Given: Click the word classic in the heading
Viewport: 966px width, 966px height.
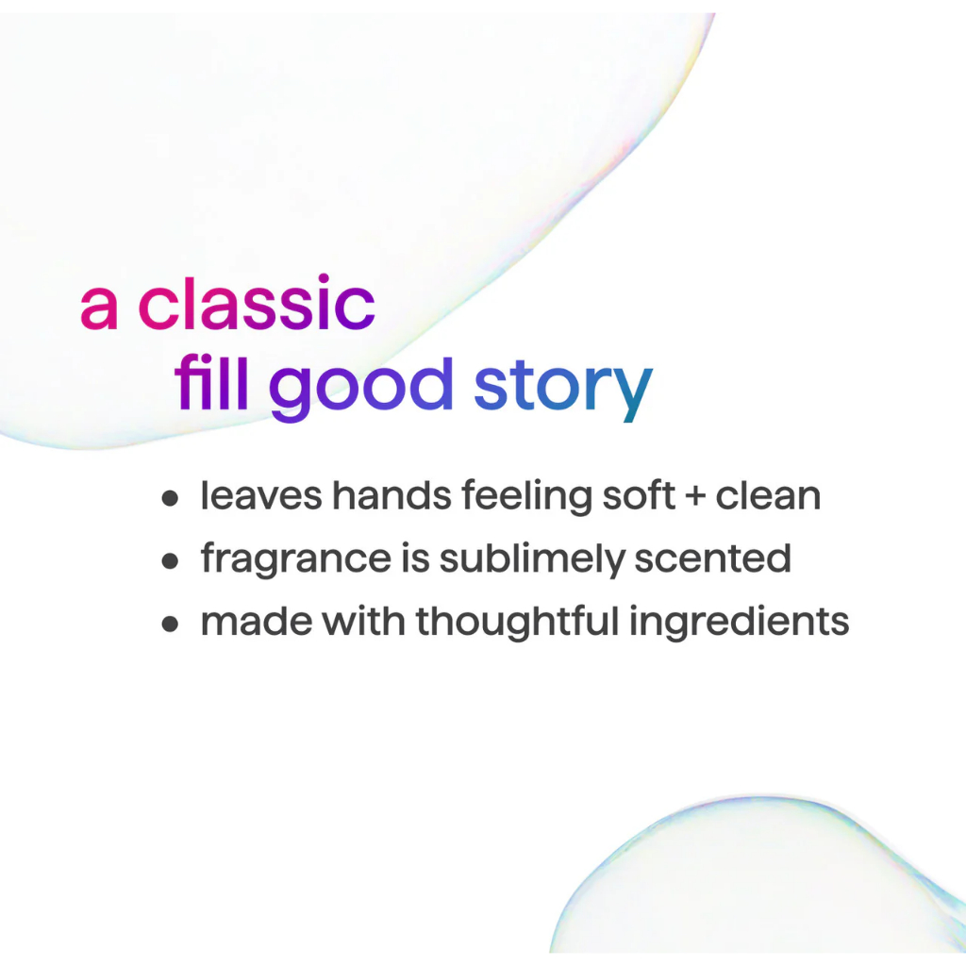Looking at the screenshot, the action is (x=257, y=303).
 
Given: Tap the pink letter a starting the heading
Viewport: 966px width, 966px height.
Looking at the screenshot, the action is (x=98, y=308).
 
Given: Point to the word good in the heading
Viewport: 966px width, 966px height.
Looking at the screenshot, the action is (x=361, y=388).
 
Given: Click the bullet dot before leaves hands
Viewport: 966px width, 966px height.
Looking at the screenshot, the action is (x=170, y=498).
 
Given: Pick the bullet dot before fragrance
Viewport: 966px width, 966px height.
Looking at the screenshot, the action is (x=170, y=560).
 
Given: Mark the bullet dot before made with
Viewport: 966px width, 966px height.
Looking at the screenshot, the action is (x=170, y=624).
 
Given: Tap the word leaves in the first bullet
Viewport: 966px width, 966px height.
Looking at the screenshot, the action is (x=261, y=495).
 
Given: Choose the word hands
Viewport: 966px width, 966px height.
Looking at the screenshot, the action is (x=391, y=495).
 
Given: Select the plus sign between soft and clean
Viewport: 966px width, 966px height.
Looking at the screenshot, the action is (x=695, y=496).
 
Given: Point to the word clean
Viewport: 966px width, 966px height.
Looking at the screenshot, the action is (x=768, y=495).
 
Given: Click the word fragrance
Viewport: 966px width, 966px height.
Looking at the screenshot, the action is (x=295, y=559).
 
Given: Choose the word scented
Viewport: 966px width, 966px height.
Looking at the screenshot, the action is (x=713, y=558).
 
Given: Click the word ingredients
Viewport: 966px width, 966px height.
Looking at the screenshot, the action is (x=740, y=623).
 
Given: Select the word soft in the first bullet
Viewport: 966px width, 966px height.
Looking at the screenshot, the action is (x=639, y=495).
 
